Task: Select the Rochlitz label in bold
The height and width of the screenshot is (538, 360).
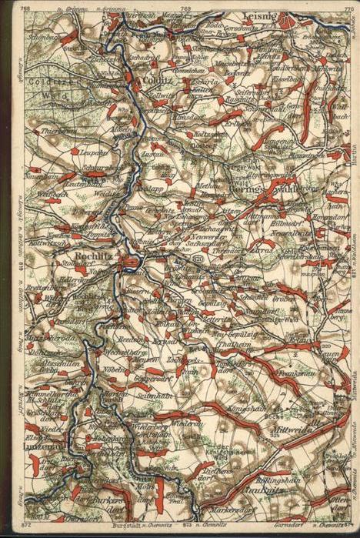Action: click(94, 256)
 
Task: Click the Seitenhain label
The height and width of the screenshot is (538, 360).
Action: click(155, 395)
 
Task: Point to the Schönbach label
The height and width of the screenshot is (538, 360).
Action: click(43, 35)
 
